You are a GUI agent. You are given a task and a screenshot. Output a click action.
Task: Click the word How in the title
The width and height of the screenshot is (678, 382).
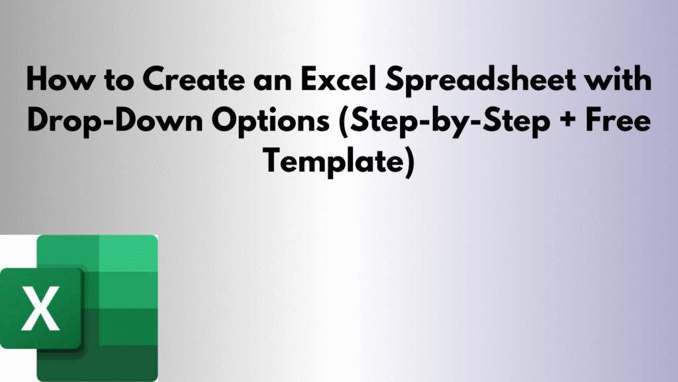[59, 80]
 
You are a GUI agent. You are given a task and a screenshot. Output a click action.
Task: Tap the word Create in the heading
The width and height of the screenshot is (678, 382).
[194, 80]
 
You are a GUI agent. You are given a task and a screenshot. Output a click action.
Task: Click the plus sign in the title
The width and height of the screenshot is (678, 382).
[567, 121]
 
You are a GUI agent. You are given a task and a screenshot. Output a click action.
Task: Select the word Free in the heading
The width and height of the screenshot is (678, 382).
[618, 120]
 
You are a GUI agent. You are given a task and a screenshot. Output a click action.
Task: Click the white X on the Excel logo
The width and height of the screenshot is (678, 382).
[40, 308]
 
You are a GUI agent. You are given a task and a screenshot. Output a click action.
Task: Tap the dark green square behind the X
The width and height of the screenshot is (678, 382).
[40, 308]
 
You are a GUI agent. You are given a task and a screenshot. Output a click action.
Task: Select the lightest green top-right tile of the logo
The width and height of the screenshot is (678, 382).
[128, 253]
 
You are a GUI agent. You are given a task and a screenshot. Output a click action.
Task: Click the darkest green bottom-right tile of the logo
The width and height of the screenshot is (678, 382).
[128, 363]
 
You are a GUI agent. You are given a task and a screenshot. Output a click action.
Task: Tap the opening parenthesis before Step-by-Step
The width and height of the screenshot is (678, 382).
[344, 123]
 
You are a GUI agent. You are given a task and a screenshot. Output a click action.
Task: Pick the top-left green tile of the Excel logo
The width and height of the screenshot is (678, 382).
[68, 252]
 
